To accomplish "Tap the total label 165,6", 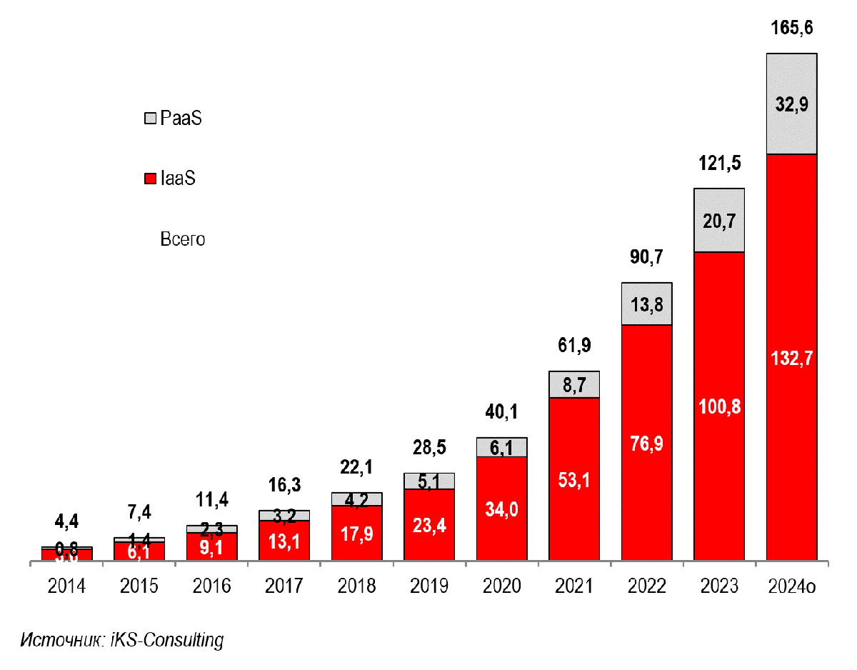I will [x=792, y=29].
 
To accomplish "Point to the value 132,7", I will [x=791, y=358].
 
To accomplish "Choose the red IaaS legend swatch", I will [x=150, y=179].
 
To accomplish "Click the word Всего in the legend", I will [x=182, y=239].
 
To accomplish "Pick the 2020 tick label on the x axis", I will [x=502, y=586].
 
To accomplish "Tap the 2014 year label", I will [x=66, y=586].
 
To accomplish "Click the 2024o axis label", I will [x=792, y=586].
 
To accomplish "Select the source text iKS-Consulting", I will [x=167, y=640].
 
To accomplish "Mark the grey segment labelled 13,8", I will [x=647, y=304].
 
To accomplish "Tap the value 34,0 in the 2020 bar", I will [x=502, y=509].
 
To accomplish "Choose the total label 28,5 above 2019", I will [x=429, y=448].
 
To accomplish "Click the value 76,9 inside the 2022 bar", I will [x=647, y=444].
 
